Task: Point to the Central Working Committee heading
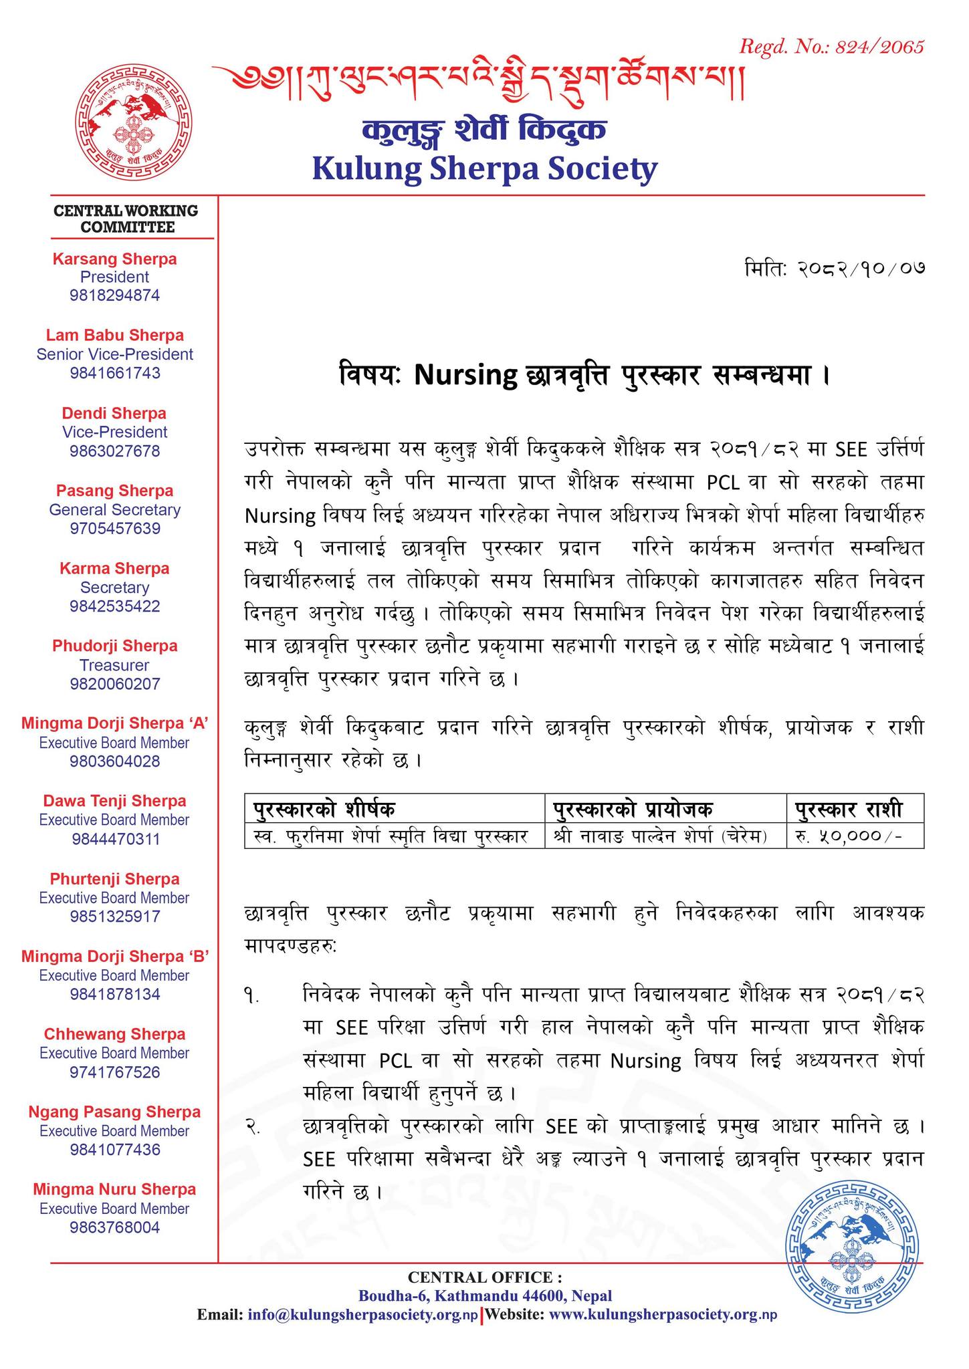pos(126,219)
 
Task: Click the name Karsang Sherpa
pos(115,259)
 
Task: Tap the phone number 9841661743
pos(115,373)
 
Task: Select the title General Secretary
pos(115,510)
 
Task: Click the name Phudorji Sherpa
pos(115,646)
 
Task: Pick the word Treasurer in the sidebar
pos(115,665)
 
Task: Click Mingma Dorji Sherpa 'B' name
pos(115,957)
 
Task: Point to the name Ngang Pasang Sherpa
pos(115,1112)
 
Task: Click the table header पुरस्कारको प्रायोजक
pos(633,810)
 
